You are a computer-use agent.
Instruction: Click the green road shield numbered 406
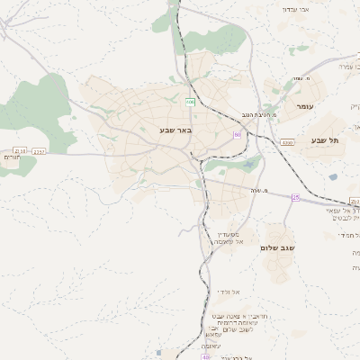191,102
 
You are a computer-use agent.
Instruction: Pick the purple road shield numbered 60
237,135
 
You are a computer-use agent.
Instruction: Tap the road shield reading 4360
287,142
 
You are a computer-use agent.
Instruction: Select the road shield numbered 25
295,196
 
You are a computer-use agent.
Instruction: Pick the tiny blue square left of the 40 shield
158,352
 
